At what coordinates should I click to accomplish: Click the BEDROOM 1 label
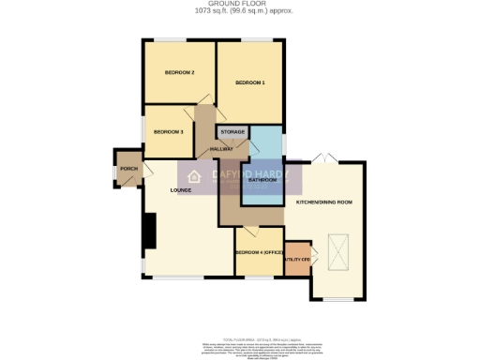coord(250,83)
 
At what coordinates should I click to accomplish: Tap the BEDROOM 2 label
coord(179,72)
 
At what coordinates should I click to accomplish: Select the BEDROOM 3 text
coord(168,131)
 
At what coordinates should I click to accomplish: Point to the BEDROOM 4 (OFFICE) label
coord(259,252)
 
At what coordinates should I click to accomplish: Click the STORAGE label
coord(232,132)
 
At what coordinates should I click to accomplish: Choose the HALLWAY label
coord(221,150)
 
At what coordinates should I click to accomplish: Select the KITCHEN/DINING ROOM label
coord(323,202)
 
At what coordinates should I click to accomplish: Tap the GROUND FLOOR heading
coord(239,4)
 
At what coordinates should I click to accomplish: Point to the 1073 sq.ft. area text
coord(239,11)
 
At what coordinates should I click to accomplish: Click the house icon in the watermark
coord(195,178)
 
